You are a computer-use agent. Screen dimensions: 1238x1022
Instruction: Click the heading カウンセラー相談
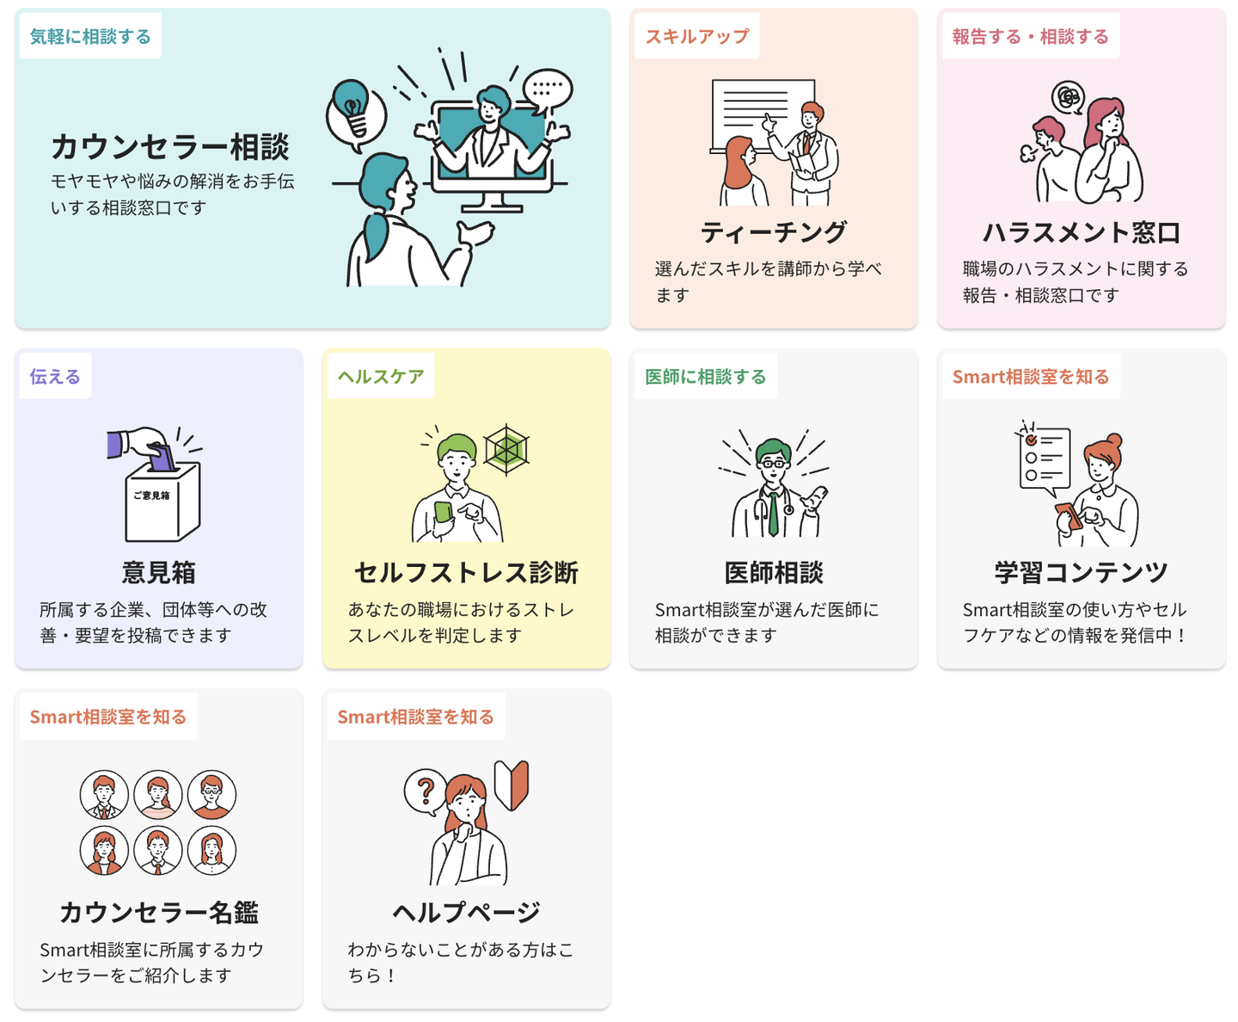pos(170,146)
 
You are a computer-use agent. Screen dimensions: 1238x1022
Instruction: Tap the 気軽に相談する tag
pos(90,36)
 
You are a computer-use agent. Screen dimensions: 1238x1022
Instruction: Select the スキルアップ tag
pos(696,36)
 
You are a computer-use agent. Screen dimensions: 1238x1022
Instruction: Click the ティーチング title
pos(773,231)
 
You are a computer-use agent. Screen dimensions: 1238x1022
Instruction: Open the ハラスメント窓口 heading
pos(1081,232)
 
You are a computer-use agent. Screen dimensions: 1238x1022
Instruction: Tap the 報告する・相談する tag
pos(1031,36)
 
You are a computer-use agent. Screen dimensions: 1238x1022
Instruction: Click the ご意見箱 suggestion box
pos(162,502)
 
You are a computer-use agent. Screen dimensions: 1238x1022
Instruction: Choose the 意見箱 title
pos(158,572)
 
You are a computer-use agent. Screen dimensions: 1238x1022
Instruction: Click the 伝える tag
pos(55,376)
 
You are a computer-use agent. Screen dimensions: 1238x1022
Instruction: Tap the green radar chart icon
pos(506,449)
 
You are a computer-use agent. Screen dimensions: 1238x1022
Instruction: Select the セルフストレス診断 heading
pos(466,572)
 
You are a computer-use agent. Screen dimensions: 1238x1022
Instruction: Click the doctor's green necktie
pos(773,513)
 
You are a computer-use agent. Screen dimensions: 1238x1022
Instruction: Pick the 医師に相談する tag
pos(706,376)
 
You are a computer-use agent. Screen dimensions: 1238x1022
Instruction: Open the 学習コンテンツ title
pos(1081,572)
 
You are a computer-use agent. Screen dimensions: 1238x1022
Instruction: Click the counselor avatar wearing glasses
pos(211,795)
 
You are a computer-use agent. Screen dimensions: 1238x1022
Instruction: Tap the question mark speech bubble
pos(425,791)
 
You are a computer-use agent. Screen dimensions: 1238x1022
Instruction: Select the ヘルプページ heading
pos(466,912)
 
